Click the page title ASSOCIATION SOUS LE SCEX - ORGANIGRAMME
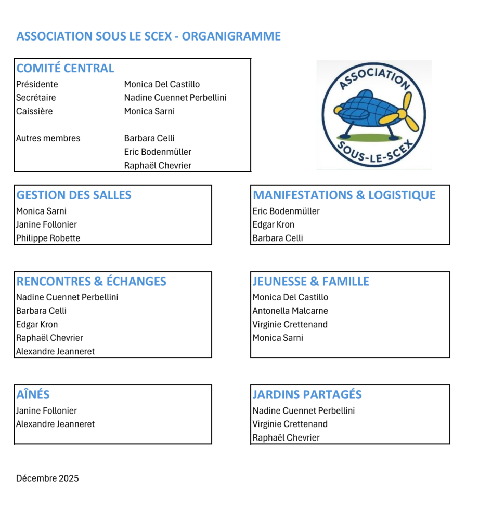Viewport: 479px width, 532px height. click(148, 36)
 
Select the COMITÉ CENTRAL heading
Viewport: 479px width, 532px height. click(65, 68)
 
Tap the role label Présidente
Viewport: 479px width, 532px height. click(37, 84)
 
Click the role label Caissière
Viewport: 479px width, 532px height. click(34, 111)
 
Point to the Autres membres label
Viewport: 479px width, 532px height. click(48, 138)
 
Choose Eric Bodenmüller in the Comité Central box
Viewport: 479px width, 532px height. click(158, 152)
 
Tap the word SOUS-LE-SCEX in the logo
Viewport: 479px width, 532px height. click(373, 153)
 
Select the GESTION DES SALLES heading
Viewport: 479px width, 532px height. click(74, 195)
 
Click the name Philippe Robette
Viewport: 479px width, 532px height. click(48, 238)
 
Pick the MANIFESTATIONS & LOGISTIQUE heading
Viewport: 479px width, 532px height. click(344, 195)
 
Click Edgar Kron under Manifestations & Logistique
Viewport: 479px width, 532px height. click(273, 225)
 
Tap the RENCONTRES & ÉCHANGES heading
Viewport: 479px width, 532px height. click(91, 282)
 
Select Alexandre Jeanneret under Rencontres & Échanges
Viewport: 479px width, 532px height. click(55, 352)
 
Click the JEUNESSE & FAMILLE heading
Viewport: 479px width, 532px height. click(310, 282)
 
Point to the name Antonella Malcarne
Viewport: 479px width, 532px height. click(290, 311)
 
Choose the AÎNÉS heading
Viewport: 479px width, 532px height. click(33, 395)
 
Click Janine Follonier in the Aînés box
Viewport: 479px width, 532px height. click(46, 411)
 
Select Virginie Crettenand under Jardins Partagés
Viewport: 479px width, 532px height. click(290, 424)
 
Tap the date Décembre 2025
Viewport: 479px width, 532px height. click(47, 478)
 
